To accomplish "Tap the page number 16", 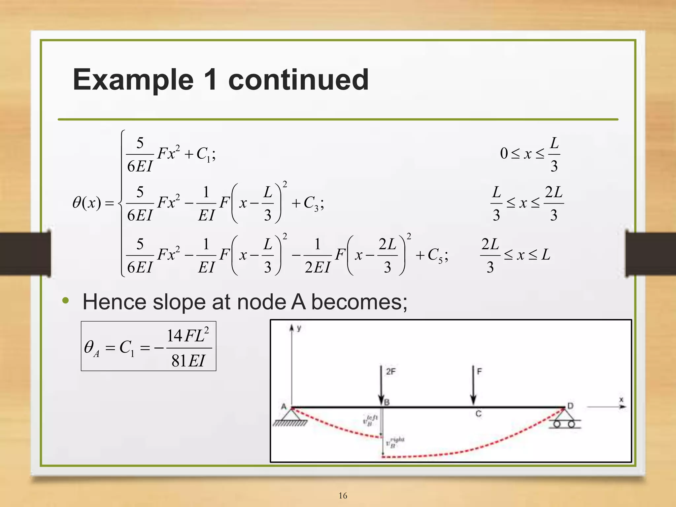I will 343,495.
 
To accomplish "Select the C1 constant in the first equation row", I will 204,154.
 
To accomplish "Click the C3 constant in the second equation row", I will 311,203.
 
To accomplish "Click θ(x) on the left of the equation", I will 86,203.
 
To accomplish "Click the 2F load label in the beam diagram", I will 391,372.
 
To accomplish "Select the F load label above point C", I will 480,372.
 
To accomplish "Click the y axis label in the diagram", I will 299,328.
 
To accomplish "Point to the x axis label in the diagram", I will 621,400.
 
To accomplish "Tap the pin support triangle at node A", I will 292,415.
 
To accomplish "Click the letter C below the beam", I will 478,414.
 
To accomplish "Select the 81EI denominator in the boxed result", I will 188,361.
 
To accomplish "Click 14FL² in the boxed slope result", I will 188,336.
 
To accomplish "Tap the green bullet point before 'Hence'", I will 66,301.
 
